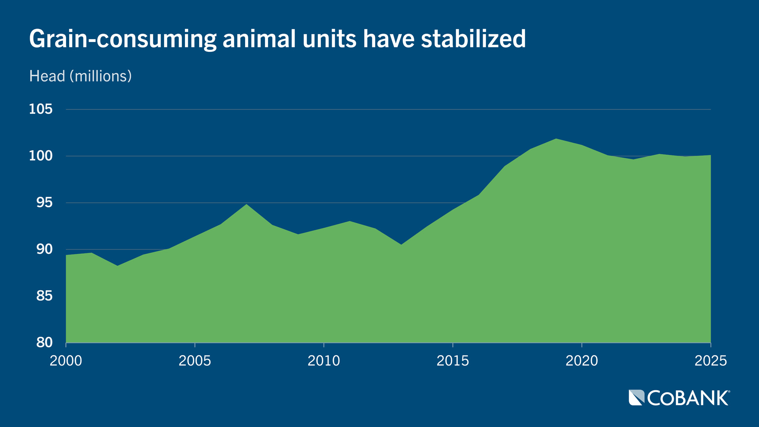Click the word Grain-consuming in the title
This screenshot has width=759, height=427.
[123, 39]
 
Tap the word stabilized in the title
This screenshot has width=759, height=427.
[473, 39]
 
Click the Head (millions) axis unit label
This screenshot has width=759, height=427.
[80, 76]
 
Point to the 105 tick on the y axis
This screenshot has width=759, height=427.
[41, 109]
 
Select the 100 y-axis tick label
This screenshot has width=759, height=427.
[41, 156]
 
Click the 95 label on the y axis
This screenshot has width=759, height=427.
[44, 202]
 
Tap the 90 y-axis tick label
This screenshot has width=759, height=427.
[44, 249]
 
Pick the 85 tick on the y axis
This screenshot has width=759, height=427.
[44, 296]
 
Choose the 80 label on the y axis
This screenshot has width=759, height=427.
[44, 342]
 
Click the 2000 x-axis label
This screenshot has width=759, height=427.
[66, 361]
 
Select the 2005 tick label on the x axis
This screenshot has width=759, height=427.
[194, 361]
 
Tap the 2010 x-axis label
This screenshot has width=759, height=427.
[324, 361]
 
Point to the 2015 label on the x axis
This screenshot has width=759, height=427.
[453, 361]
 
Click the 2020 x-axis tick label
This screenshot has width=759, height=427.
[582, 361]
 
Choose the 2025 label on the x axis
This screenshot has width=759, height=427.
[710, 361]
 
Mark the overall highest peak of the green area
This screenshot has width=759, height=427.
[556, 139]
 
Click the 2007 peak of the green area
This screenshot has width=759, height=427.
[246, 205]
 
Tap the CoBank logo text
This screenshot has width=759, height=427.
[688, 398]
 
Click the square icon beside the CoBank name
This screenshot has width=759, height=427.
[636, 398]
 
